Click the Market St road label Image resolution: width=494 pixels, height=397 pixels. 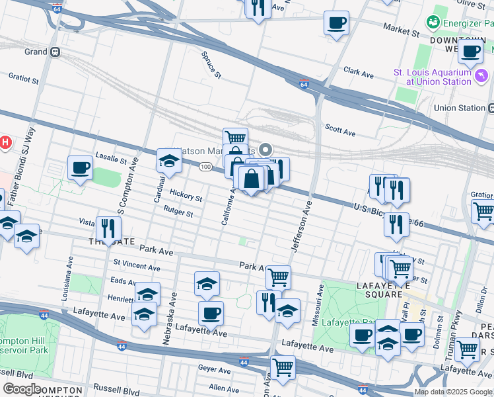tap(402, 31)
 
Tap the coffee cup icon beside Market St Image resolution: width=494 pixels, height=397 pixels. tap(336, 24)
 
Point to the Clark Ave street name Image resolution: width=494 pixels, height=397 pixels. tap(359, 70)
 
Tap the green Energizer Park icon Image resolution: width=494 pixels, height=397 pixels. tap(433, 24)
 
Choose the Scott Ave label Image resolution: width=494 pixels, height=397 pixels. tap(340, 129)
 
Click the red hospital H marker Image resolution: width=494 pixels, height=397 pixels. tap(5, 142)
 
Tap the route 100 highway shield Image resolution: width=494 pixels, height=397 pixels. tap(206, 166)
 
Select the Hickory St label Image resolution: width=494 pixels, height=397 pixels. tap(186, 196)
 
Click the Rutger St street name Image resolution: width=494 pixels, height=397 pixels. tap(178, 213)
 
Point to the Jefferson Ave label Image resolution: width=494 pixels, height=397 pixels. tap(301, 226)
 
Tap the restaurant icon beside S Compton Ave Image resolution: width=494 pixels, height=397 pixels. tap(106, 229)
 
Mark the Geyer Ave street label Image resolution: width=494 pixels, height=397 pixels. tap(212, 367)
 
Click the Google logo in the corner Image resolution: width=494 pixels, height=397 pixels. tap(21, 388)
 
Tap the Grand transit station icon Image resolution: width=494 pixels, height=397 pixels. tap(55, 52)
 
